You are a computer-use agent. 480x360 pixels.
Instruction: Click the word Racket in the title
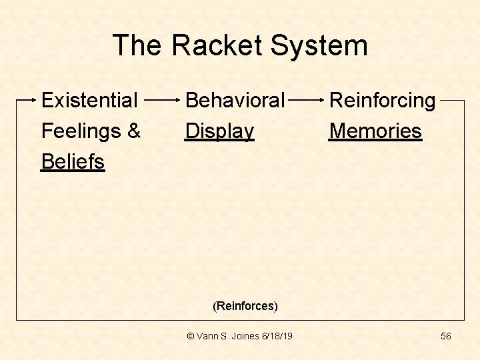pyautogui.click(x=217, y=45)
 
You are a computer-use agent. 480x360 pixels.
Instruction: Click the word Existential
pyautogui.click(x=89, y=101)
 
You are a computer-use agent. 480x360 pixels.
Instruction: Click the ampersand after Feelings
pyautogui.click(x=134, y=131)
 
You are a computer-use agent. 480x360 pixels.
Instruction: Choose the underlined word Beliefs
pyautogui.click(x=73, y=161)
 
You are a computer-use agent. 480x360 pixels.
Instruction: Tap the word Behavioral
pyautogui.click(x=235, y=101)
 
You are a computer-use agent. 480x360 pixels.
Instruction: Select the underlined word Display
pyautogui.click(x=219, y=131)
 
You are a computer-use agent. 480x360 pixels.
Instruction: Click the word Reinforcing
pyautogui.click(x=382, y=101)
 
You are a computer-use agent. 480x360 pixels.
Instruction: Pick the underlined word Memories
pyautogui.click(x=375, y=131)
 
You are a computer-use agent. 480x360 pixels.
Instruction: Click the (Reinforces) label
pyautogui.click(x=245, y=306)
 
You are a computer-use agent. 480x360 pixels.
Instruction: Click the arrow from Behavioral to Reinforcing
pyautogui.click(x=307, y=101)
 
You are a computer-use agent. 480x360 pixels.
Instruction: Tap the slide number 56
pyautogui.click(x=446, y=336)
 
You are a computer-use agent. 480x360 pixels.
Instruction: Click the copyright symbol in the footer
pyautogui.click(x=191, y=336)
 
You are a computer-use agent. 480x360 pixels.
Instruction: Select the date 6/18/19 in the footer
pyautogui.click(x=277, y=336)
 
